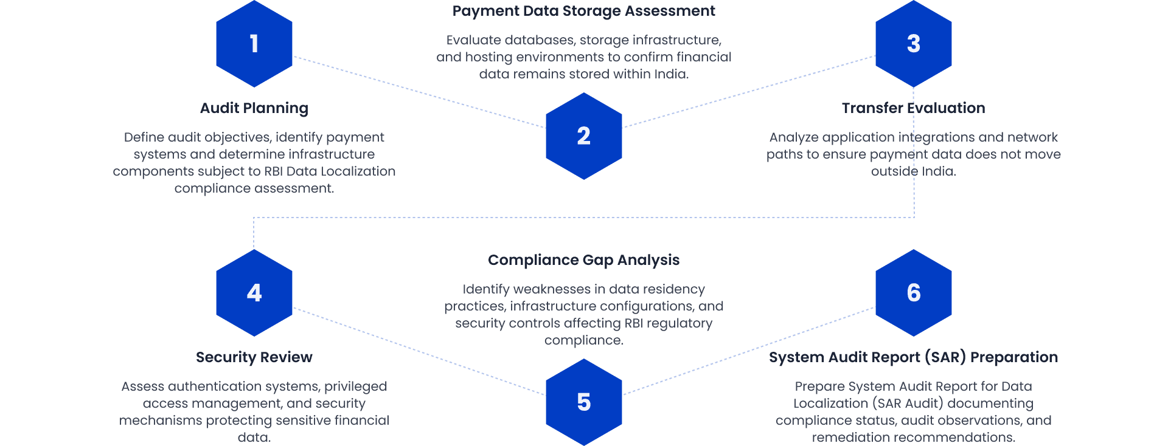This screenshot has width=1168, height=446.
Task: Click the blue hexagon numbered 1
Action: pyautogui.click(x=254, y=44)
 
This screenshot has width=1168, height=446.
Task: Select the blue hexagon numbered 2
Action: pyautogui.click(x=583, y=136)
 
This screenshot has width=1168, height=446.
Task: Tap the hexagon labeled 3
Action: pyautogui.click(x=913, y=44)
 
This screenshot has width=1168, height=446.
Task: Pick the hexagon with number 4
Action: pyautogui.click(x=254, y=293)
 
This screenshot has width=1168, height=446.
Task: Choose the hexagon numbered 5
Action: pyautogui.click(x=583, y=402)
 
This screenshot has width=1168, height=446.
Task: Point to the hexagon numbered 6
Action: pyautogui.click(x=913, y=293)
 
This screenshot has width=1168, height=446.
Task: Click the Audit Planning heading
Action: pyautogui.click(x=254, y=108)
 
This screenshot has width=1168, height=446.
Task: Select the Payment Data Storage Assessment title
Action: pyautogui.click(x=583, y=11)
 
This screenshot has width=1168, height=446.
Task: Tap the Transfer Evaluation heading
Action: pyautogui.click(x=913, y=108)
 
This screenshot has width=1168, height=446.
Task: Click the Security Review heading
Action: pyautogui.click(x=254, y=357)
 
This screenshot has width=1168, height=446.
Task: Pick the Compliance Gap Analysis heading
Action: pyautogui.click(x=583, y=260)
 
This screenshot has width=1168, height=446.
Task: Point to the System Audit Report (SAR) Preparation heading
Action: pyautogui.click(x=913, y=357)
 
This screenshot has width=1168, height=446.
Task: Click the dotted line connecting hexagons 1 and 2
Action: pyautogui.click(x=420, y=92)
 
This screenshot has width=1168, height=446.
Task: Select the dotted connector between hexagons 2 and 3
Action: pyautogui.click(x=748, y=92)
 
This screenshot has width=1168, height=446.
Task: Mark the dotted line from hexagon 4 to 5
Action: pyautogui.click(x=420, y=352)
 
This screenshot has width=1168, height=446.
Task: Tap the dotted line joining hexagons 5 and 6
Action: pyautogui.click(x=748, y=351)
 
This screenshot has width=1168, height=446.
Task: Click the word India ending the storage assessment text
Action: pyautogui.click(x=671, y=74)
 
